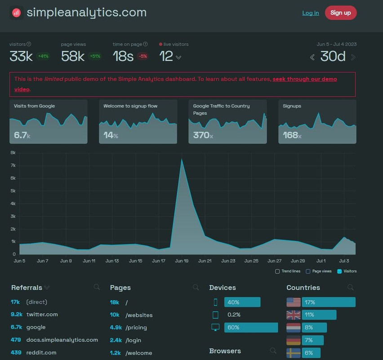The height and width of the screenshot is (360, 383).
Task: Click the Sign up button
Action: tap(340, 13)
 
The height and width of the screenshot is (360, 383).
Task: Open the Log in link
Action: tap(310, 13)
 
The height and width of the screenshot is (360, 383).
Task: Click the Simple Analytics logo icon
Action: tap(17, 13)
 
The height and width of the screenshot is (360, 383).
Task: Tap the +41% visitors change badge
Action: tap(44, 56)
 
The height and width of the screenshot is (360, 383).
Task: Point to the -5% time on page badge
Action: tap(143, 56)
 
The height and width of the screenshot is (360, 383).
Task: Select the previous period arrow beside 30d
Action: tap(312, 57)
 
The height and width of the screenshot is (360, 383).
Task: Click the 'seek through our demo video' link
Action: tap(304, 79)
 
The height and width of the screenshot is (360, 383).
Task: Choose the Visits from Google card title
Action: tap(34, 106)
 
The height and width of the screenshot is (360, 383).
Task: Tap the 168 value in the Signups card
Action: tap(291, 135)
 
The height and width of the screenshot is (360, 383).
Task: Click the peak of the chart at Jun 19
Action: tap(182, 159)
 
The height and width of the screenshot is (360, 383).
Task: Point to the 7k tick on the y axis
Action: tap(13, 166)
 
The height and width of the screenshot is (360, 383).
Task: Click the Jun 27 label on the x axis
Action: tap(274, 261)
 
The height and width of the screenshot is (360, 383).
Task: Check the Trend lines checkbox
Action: tap(277, 271)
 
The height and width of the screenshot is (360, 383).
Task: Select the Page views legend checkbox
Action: tap(308, 271)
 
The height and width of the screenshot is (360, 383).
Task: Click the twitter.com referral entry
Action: tap(42, 315)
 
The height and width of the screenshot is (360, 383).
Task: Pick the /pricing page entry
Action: tap(136, 328)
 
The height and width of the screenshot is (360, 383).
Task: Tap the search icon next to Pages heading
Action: tap(196, 287)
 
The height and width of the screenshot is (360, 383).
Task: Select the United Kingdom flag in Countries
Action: tap(293, 315)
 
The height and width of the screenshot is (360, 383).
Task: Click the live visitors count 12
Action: tap(166, 56)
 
